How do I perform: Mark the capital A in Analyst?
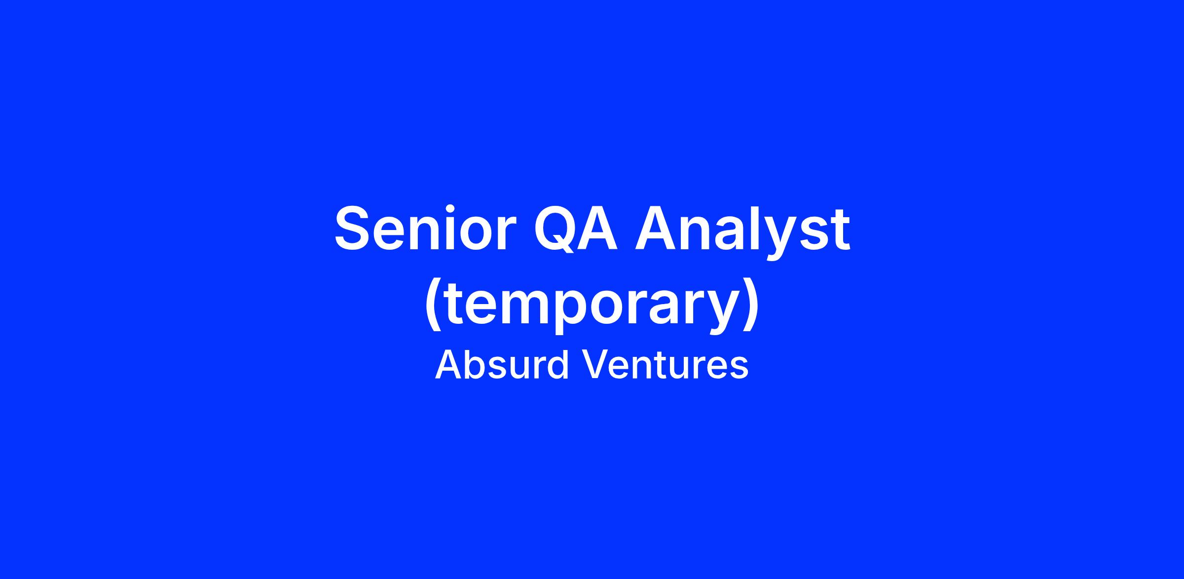click(x=655, y=229)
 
